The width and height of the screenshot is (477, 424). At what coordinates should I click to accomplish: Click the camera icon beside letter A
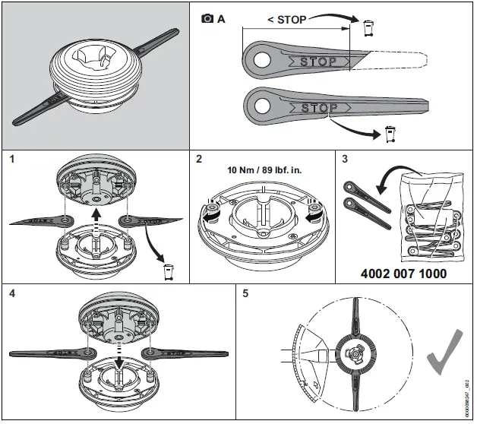click(x=207, y=20)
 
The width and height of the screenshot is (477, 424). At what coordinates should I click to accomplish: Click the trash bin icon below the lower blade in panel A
click(x=390, y=135)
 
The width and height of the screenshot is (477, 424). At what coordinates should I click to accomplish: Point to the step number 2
click(x=198, y=160)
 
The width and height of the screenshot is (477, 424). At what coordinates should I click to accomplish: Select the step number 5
click(x=245, y=293)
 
